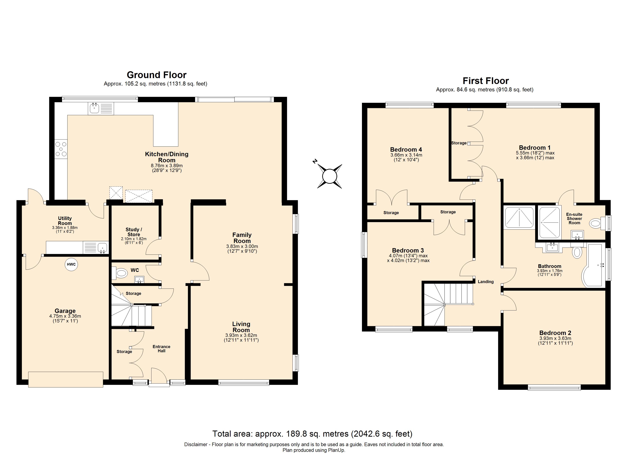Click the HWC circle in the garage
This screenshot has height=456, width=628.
(x=71, y=264)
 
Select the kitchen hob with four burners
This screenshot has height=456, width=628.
(x=61, y=149)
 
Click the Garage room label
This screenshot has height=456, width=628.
(x=65, y=311)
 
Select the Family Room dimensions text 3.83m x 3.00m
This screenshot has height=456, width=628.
(x=242, y=246)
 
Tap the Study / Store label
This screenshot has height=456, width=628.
(x=134, y=232)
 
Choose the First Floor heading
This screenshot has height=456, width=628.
(x=486, y=81)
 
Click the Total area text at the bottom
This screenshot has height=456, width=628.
(x=312, y=434)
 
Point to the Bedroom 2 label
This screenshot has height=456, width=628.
(x=555, y=333)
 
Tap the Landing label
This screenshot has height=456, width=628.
(x=486, y=282)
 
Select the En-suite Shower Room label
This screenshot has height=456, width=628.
(x=574, y=218)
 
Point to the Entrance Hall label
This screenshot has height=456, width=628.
(x=161, y=349)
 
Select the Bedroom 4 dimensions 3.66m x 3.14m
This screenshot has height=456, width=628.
(x=406, y=155)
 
